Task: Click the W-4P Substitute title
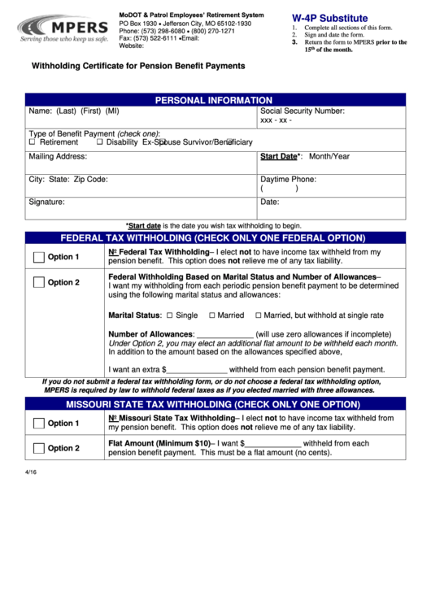point(329,18)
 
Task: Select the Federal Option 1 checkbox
point(38,258)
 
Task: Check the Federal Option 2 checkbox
point(38,283)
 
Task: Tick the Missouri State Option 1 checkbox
point(38,423)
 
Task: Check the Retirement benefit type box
point(33,142)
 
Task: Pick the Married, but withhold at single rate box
point(257,315)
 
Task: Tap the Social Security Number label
point(303,110)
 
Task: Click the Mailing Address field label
point(58,156)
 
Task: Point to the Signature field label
point(46,202)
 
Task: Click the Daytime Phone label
point(288,179)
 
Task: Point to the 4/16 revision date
point(30,471)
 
